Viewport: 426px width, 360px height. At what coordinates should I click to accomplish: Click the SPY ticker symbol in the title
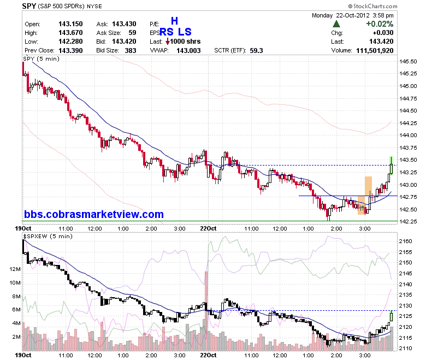29,5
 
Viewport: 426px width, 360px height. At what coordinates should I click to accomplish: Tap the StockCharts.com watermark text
372,6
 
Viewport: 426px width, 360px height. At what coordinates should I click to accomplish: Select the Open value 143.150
70,24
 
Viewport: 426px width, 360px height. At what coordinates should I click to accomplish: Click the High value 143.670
70,33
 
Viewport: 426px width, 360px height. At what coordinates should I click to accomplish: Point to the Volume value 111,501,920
375,51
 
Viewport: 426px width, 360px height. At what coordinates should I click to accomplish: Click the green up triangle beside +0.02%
336,24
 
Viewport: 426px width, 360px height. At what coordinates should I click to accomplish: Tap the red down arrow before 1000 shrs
168,42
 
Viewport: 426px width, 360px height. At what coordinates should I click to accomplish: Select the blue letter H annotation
174,21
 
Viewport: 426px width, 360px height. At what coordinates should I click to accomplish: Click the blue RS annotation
166,32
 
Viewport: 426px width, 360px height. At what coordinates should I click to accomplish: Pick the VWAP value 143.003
188,51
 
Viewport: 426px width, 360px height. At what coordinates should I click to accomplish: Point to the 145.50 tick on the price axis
408,61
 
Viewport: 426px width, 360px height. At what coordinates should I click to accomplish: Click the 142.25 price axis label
408,221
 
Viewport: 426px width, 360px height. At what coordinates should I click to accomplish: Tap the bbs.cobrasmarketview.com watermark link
94,214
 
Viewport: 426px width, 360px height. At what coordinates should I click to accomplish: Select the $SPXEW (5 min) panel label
48,237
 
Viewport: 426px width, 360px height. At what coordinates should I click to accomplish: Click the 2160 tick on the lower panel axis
405,241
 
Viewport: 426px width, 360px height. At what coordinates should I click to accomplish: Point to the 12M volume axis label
15,269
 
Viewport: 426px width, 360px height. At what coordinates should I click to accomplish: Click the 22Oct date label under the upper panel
208,228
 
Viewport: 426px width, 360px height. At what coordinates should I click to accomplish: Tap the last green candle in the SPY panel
391,166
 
